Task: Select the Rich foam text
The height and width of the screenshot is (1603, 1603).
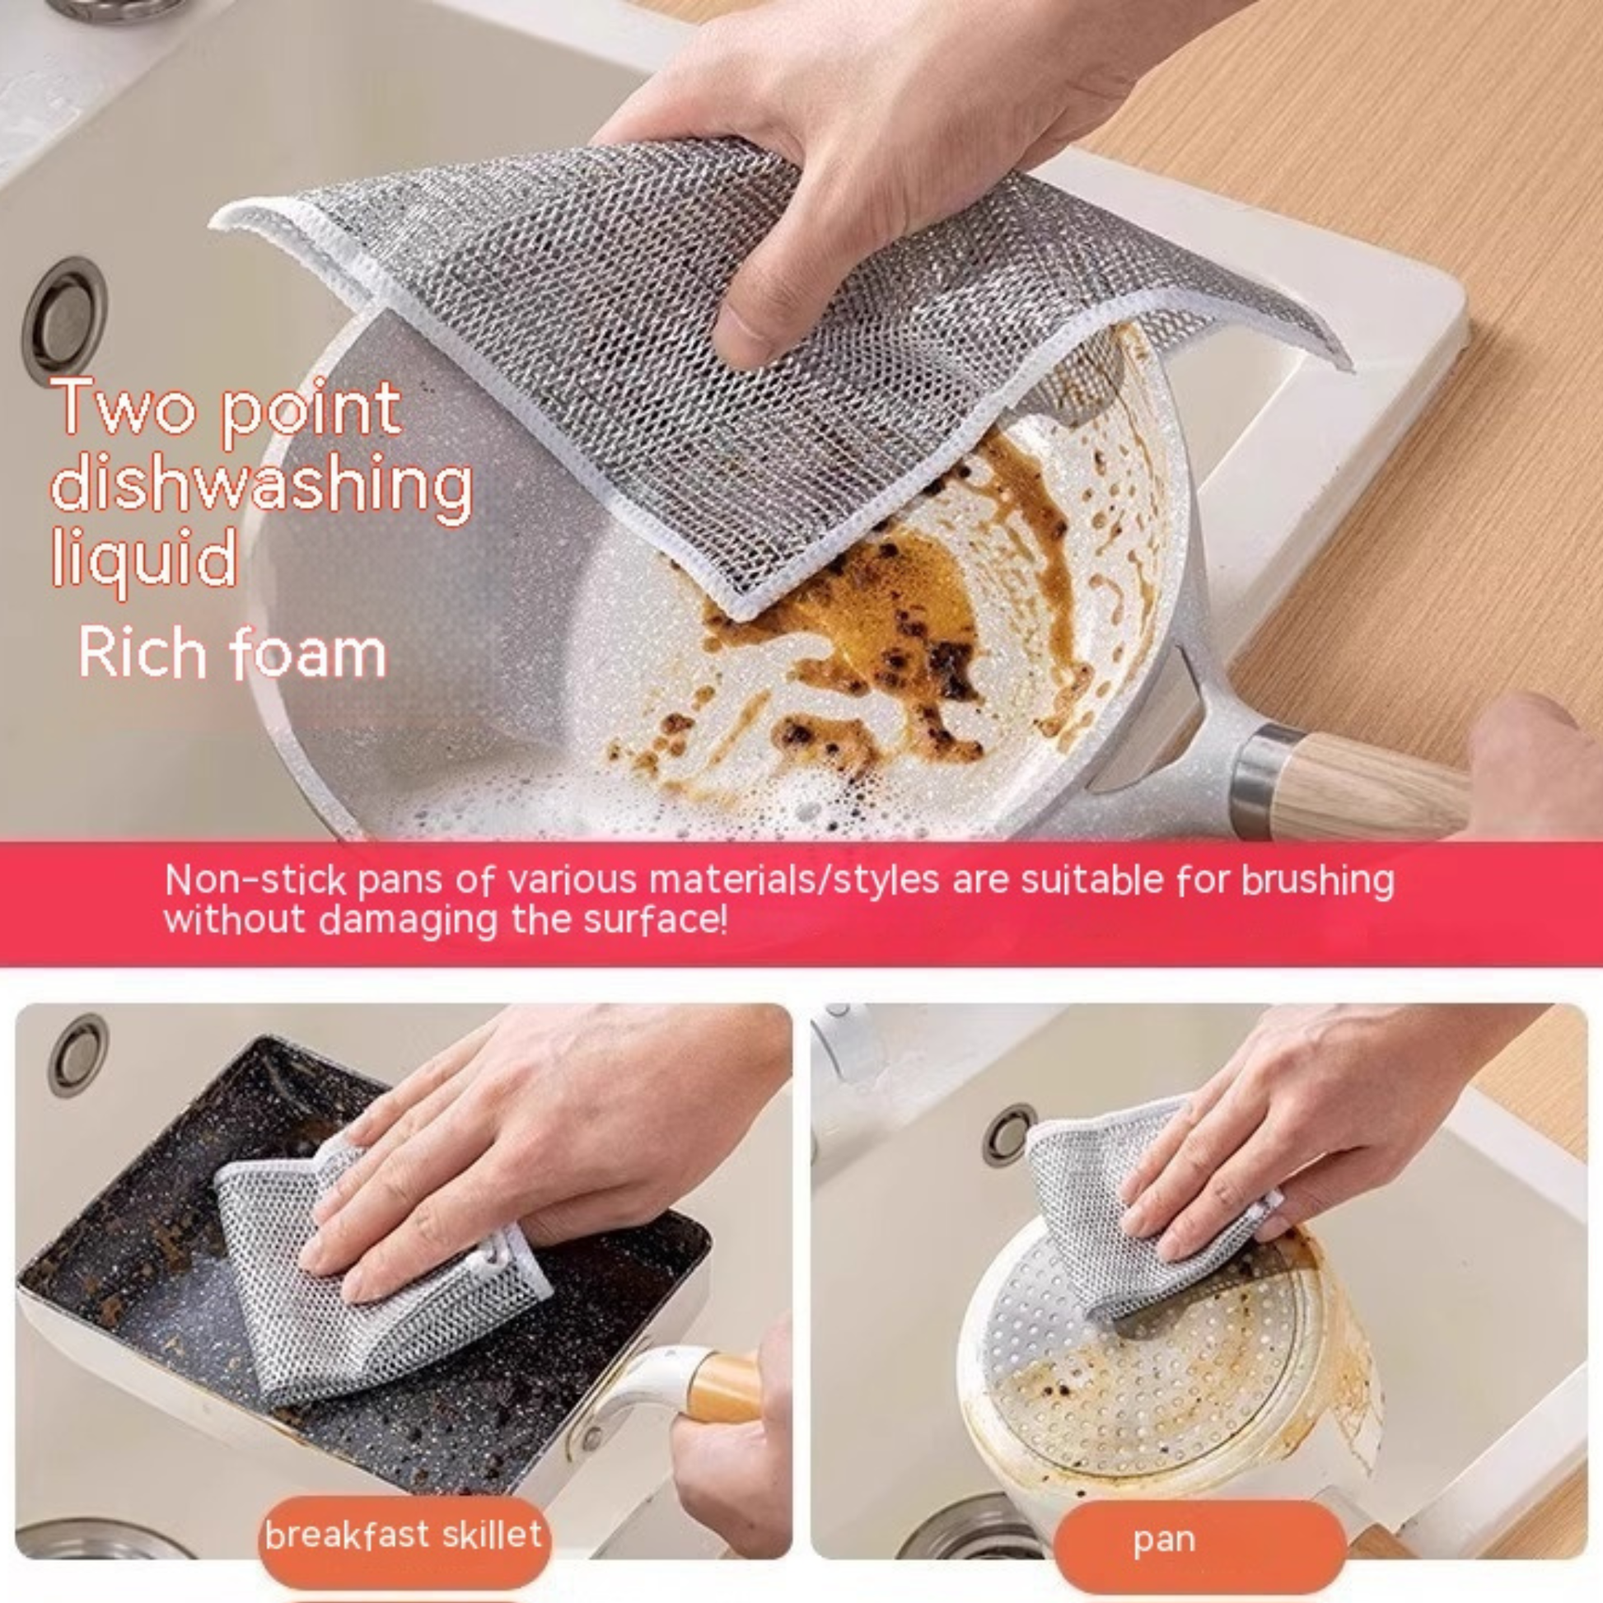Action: [x=232, y=653]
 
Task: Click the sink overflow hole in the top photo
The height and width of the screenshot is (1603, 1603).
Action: [x=65, y=321]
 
